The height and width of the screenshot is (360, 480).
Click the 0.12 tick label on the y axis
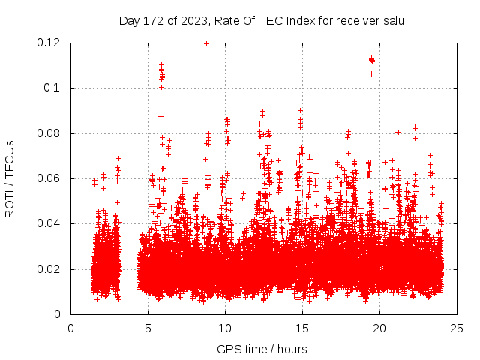tap(50, 43)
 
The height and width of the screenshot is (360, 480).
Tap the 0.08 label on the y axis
tap(50, 133)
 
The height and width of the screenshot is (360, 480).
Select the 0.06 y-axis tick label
tap(50, 178)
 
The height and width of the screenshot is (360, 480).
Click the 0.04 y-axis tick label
tap(50, 223)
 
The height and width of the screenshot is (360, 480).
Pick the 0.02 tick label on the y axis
tap(50, 269)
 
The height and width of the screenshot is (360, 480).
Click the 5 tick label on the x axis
tap(148, 328)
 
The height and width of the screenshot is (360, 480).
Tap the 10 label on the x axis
tap(226, 328)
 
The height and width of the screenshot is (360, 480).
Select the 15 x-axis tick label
tap(303, 328)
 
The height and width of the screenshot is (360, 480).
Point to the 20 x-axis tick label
tap(380, 328)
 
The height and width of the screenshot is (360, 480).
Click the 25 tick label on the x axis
tap(457, 328)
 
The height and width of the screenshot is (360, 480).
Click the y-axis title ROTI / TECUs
tap(10, 178)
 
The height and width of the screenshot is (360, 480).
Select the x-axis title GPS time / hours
tap(263, 349)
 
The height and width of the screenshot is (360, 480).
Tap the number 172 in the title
tap(152, 20)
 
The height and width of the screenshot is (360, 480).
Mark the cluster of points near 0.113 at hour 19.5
tap(371, 59)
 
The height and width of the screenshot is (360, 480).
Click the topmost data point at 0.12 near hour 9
tap(206, 43)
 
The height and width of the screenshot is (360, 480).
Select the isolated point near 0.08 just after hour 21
tap(398, 132)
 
